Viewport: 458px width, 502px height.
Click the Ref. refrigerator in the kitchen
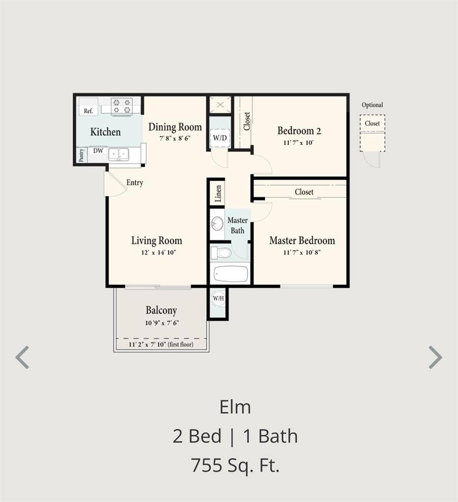pos(88,110)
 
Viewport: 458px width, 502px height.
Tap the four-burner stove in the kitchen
pos(122,106)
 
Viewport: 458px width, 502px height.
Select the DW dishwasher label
pos(99,151)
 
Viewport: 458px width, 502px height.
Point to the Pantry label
pos(81,155)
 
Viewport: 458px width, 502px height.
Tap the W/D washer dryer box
pos(220,137)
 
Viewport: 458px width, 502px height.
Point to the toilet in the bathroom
pos(222,253)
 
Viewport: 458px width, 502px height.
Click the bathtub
pos(230,274)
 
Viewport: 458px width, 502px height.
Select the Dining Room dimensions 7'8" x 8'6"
pos(175,138)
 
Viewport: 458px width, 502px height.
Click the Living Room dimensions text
pos(156,252)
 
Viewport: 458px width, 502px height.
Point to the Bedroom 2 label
pos(299,131)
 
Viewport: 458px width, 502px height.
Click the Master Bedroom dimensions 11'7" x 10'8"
pos(302,252)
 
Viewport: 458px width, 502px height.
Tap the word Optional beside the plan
pos(372,105)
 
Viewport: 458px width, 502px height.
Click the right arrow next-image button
pos(435,357)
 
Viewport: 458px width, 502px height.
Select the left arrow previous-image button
pos(22,357)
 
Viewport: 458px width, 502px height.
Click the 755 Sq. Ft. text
pos(235,465)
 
